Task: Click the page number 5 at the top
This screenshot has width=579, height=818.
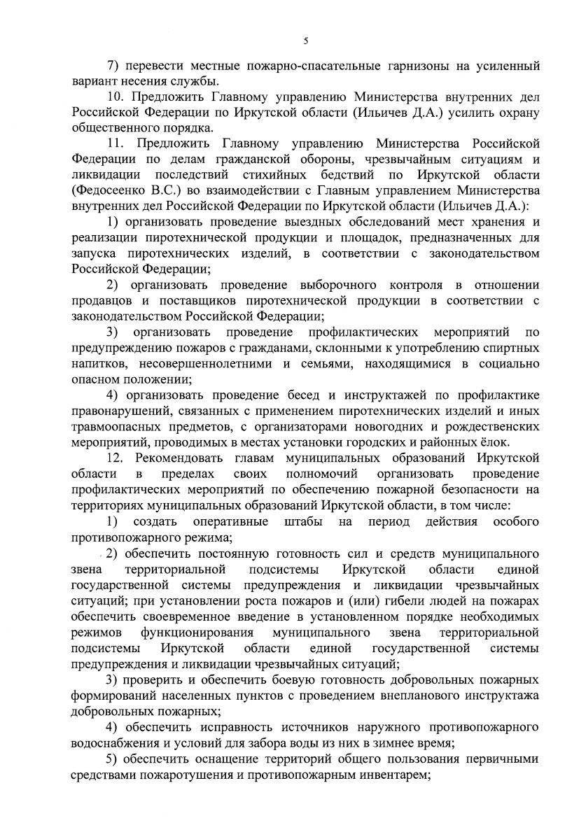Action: (x=306, y=41)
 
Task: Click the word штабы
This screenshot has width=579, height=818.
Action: (x=303, y=522)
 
